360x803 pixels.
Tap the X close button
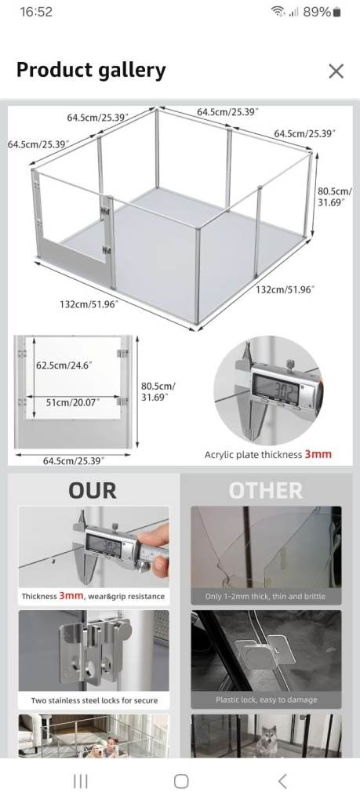point(336,71)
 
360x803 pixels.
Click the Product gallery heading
point(91,70)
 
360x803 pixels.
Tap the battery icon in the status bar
point(336,12)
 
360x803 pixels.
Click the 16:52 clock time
point(36,12)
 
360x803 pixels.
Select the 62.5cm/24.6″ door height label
point(64,365)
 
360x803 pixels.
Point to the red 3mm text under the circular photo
point(318,454)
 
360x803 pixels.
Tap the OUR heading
point(93,491)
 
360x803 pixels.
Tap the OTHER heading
point(266,491)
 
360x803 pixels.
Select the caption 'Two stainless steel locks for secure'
point(94,700)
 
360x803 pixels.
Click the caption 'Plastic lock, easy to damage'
point(267,699)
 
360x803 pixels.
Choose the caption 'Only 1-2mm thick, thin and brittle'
point(265,596)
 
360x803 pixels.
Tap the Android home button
point(181,781)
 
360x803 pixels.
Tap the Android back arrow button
point(282,781)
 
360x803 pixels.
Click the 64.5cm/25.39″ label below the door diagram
point(74,461)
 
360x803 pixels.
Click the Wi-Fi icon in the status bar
point(278,12)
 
